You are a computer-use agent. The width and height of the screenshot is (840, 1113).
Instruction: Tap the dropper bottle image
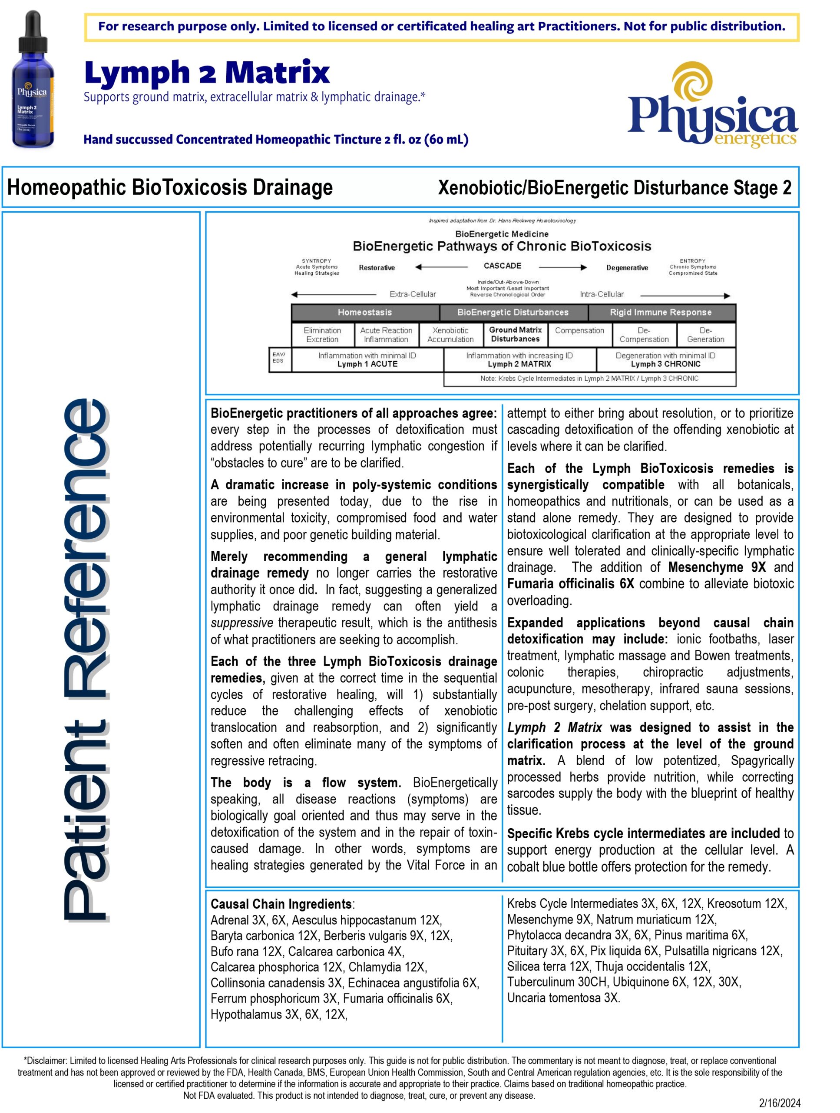(x=33, y=80)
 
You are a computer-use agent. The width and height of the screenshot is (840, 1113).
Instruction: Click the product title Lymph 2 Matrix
(x=207, y=73)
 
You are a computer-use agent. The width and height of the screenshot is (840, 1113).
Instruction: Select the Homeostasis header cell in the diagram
(x=364, y=313)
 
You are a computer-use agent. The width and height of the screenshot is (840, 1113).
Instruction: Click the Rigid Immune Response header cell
(x=661, y=313)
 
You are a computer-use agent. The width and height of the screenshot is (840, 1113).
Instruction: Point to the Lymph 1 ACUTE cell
(x=367, y=360)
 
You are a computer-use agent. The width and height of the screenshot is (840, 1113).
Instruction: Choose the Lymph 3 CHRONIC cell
(x=665, y=360)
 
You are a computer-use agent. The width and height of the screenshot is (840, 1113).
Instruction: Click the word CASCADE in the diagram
(x=502, y=266)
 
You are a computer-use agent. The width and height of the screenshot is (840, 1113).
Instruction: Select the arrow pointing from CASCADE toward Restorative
(x=441, y=267)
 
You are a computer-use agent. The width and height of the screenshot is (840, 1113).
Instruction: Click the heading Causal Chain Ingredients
(x=281, y=904)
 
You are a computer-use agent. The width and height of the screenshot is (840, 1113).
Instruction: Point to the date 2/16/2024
(x=779, y=1103)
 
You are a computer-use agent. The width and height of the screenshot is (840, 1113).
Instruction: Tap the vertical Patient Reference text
(x=86, y=659)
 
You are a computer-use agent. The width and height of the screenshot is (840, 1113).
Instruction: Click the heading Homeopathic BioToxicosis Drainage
(x=170, y=188)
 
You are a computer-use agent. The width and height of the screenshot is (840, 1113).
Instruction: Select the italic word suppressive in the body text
(x=242, y=623)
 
